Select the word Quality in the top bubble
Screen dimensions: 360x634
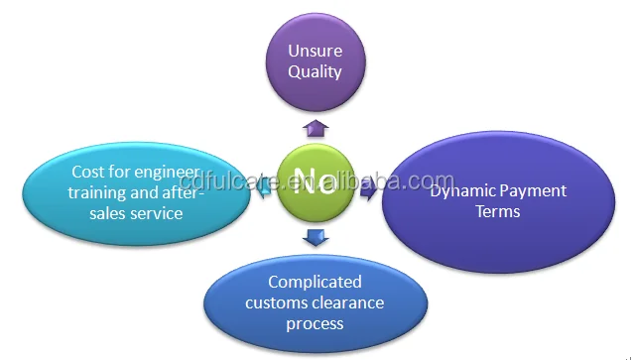click(315, 71)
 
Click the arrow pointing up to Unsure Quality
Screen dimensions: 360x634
click(315, 126)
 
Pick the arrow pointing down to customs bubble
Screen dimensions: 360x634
click(315, 236)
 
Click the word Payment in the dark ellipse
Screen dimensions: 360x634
click(534, 190)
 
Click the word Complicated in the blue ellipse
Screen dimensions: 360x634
click(315, 283)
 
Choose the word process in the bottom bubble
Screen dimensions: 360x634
click(315, 323)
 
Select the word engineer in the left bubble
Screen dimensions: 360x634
click(165, 173)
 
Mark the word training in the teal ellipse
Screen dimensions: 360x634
click(97, 193)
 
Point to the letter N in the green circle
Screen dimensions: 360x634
click(304, 181)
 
